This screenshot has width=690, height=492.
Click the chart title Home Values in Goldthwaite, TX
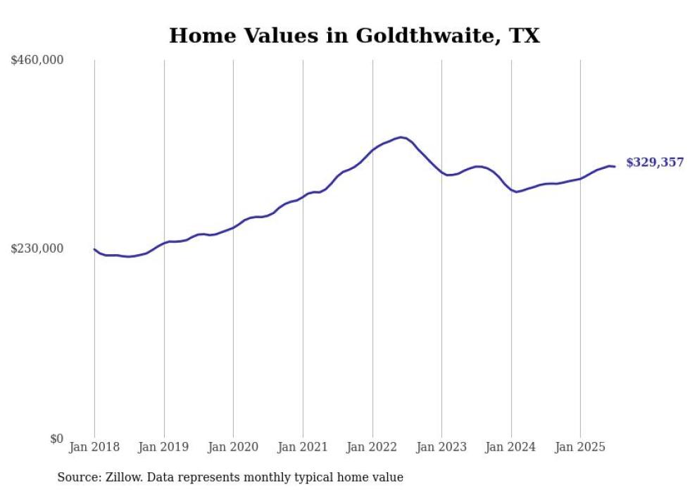point(354,36)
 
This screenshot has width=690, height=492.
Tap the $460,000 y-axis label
point(37,61)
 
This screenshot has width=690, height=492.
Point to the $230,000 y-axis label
point(37,248)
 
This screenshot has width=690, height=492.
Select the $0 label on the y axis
point(56,439)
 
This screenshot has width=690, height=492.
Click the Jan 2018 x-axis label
point(94,447)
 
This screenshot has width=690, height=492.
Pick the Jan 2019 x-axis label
point(164,447)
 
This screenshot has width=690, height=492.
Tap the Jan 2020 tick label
point(233,447)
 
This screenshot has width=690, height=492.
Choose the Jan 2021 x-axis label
point(303,447)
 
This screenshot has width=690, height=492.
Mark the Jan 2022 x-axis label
point(372,447)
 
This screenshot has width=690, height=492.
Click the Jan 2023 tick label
point(441,447)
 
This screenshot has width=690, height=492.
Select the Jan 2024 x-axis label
point(511,447)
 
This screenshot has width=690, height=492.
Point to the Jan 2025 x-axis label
point(580,447)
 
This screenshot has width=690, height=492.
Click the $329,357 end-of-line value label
point(654,163)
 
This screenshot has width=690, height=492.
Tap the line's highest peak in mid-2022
point(401,137)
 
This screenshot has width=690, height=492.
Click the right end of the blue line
point(615,167)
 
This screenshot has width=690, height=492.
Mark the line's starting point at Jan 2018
point(94,249)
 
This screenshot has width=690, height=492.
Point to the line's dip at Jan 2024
point(516,191)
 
